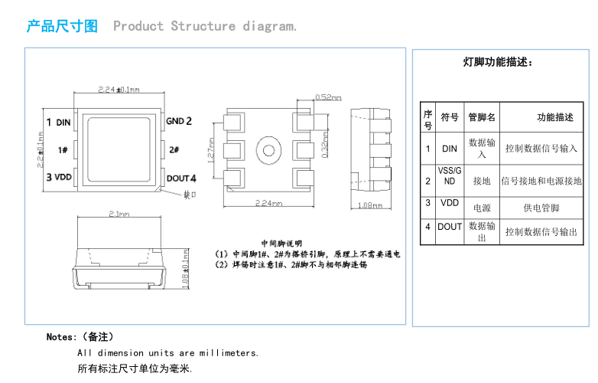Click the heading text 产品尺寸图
pyautogui.click(x=63, y=26)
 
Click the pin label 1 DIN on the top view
pyautogui.click(x=58, y=122)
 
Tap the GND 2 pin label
pyautogui.click(x=179, y=121)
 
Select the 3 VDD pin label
pyautogui.click(x=59, y=177)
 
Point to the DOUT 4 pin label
pyautogui.click(x=182, y=178)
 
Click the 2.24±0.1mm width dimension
pyautogui.click(x=119, y=90)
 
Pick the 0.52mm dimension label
pyautogui.click(x=329, y=97)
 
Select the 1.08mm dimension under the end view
pyautogui.click(x=370, y=205)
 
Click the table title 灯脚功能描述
pyautogui.click(x=498, y=63)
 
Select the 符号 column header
pyautogui.click(x=450, y=117)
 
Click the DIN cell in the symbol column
pyautogui.click(x=450, y=149)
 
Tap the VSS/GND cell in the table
pyautogui.click(x=450, y=175)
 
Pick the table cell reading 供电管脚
pyautogui.click(x=541, y=208)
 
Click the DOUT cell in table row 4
pyautogui.click(x=450, y=227)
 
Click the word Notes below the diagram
pyautogui.click(x=60, y=337)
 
